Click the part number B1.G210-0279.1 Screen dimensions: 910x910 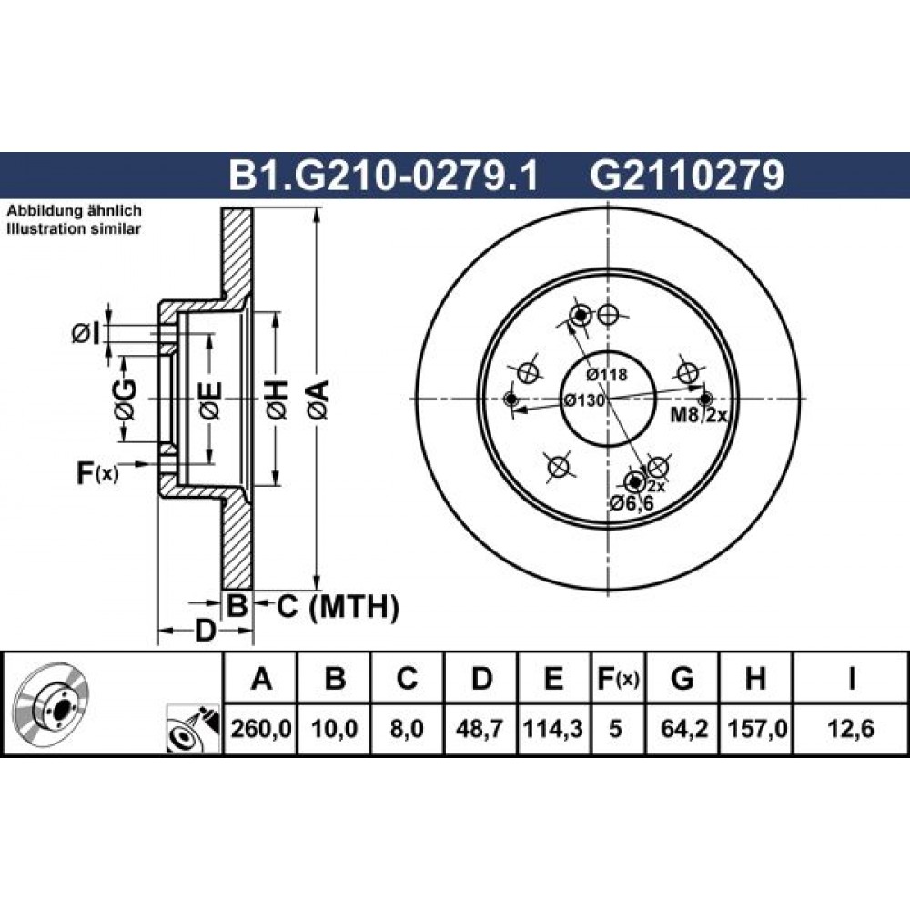pyautogui.click(x=384, y=176)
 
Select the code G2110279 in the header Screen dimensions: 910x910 pyautogui.click(x=687, y=176)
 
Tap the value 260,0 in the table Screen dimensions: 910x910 pyautogui.click(x=260, y=729)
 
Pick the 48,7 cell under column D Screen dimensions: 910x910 pyautogui.click(x=480, y=729)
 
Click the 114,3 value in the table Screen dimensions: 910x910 pyautogui.click(x=553, y=729)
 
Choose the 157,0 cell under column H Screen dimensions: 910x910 pyautogui.click(x=755, y=729)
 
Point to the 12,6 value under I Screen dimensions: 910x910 pyautogui.click(x=851, y=729)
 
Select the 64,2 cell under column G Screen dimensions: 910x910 pyautogui.click(x=683, y=729)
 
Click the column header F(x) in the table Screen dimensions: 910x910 pyautogui.click(x=618, y=678)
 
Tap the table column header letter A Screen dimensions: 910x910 pyautogui.click(x=261, y=678)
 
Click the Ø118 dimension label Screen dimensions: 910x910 pyautogui.click(x=606, y=374)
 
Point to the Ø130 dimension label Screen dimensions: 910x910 pyautogui.click(x=584, y=400)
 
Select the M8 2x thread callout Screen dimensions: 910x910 pyautogui.click(x=699, y=415)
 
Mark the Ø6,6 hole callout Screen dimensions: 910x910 pyautogui.click(x=632, y=503)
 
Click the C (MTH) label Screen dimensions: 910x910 pyautogui.click(x=338, y=607)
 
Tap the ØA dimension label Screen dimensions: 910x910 pyautogui.click(x=320, y=399)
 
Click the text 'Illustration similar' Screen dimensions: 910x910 pyautogui.click(x=74, y=228)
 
